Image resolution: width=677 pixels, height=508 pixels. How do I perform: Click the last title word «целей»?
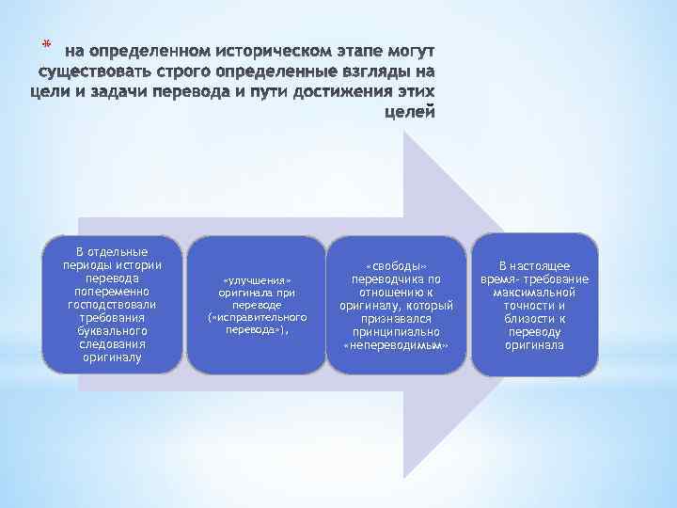411,113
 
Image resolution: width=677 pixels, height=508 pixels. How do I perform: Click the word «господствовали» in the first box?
112,305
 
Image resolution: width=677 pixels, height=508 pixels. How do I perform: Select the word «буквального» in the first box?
112,331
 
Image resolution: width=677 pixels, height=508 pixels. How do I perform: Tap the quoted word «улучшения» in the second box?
257,281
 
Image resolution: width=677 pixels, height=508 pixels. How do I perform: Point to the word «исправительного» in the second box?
257,318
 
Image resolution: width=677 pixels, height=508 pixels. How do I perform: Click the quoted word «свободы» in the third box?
396,266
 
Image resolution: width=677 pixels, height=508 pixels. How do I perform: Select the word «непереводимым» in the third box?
396,345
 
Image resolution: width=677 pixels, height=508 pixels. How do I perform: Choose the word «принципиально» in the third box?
396,332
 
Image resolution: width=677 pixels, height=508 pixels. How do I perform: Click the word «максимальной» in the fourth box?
534,293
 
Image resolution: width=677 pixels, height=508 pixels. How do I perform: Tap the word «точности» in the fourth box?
534,306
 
